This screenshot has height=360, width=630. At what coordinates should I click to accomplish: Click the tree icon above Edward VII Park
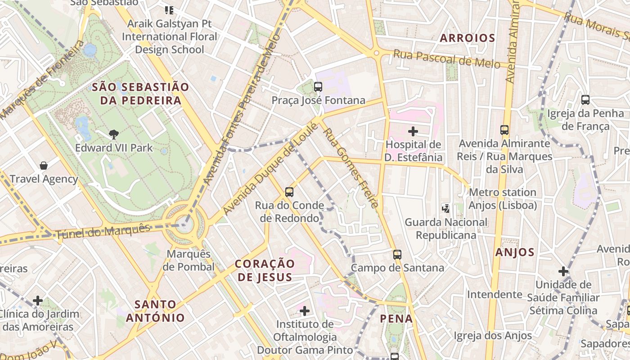[114, 134]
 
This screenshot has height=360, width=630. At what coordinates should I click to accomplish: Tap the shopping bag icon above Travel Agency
[44, 166]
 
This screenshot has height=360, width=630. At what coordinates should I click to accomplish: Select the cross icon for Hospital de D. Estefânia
[413, 131]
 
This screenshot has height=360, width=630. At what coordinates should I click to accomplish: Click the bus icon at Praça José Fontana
[318, 87]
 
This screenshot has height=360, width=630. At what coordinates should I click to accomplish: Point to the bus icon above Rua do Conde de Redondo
[289, 192]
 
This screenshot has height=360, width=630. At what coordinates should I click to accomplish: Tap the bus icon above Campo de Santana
[397, 255]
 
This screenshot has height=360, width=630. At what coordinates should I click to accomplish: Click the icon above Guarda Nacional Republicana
[445, 208]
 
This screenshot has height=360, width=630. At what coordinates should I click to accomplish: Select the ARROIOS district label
[467, 38]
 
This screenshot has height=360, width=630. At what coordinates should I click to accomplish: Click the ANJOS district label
[515, 252]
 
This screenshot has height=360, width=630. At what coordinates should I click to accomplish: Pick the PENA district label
[396, 319]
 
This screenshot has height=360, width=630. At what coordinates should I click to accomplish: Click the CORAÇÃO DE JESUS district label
[265, 270]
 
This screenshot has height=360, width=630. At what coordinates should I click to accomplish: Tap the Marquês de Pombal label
[189, 261]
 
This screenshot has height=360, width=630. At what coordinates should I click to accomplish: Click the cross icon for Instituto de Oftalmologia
[305, 311]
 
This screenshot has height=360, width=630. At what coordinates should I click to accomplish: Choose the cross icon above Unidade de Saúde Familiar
[563, 271]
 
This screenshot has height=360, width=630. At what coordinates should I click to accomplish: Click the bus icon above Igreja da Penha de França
[585, 100]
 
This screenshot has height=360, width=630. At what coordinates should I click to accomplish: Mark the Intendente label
[494, 294]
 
